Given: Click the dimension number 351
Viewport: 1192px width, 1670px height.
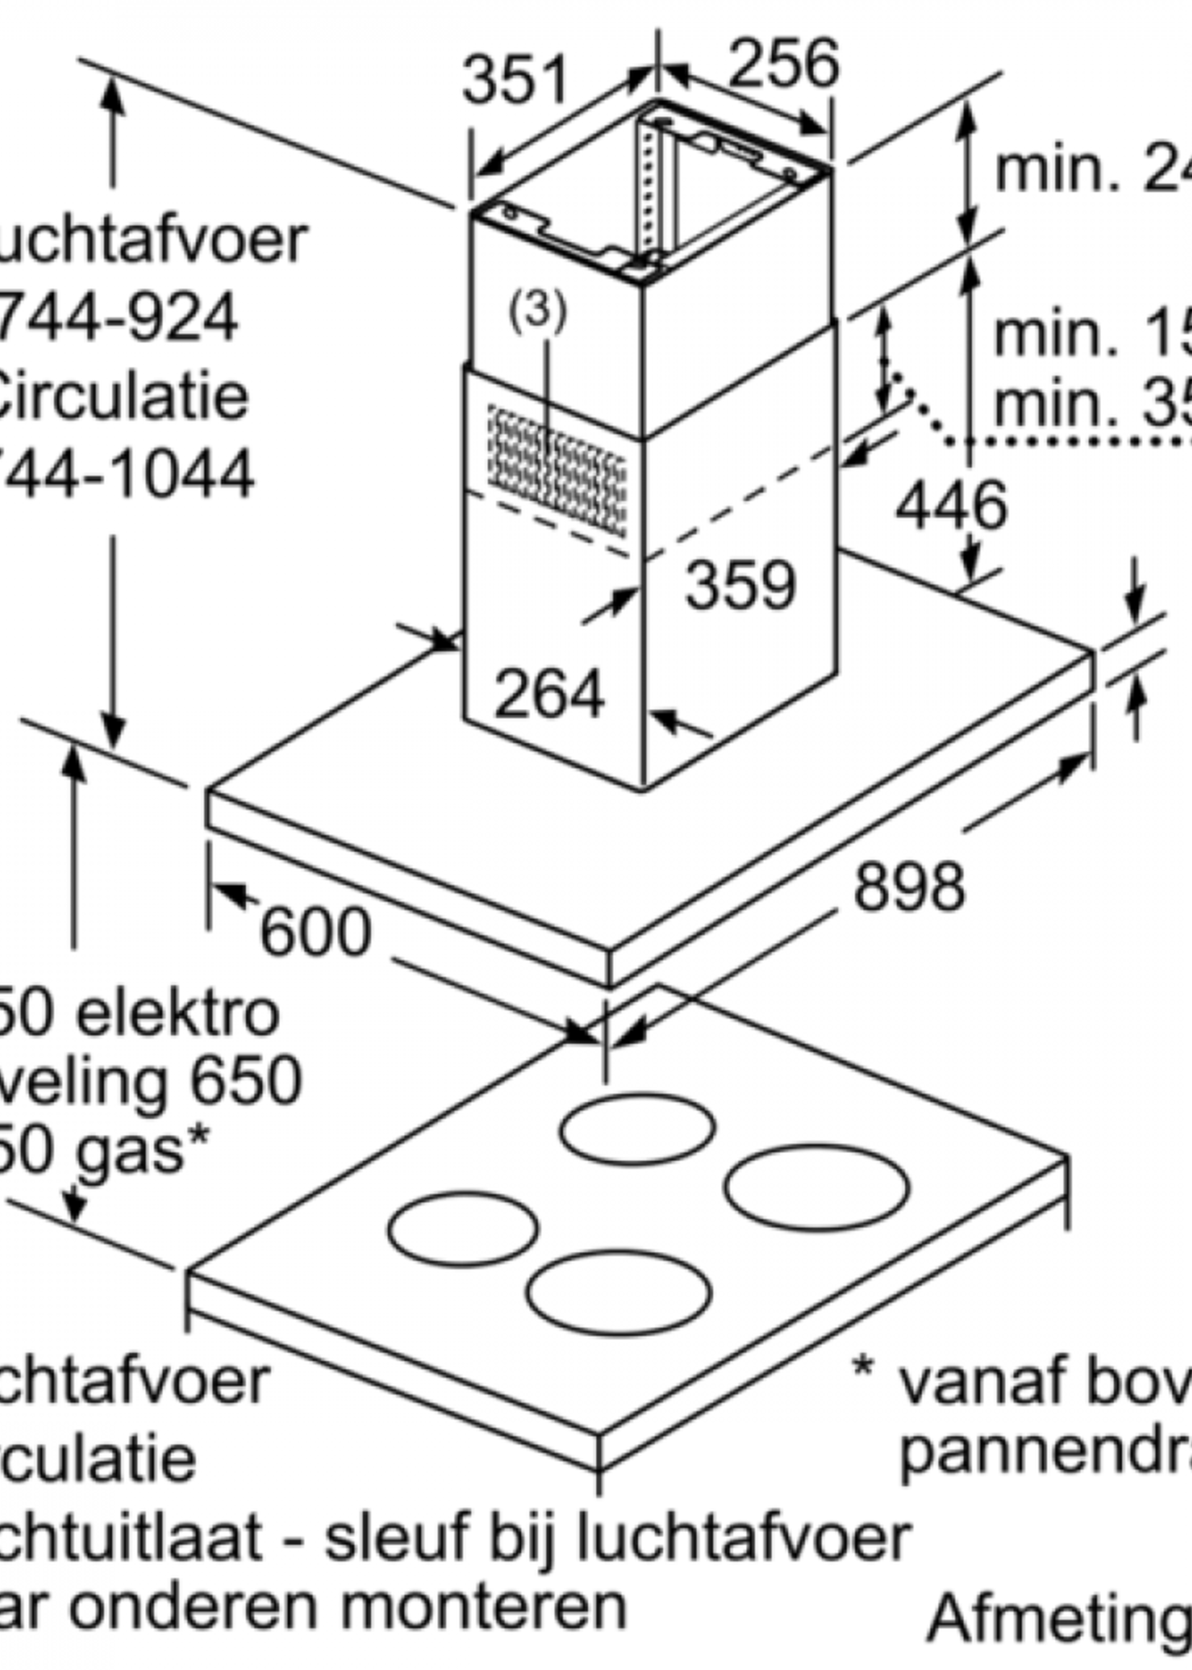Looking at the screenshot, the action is [x=515, y=79].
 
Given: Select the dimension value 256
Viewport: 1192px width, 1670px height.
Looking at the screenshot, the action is [x=783, y=63].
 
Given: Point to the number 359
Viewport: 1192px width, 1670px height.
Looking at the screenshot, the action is [x=740, y=586].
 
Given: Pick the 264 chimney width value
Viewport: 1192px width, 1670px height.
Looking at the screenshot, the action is [x=549, y=694].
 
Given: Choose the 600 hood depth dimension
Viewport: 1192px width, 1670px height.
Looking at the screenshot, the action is [x=315, y=933].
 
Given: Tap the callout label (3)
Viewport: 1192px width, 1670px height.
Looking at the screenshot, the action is [x=538, y=309].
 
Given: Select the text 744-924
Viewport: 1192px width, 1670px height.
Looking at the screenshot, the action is [x=118, y=317].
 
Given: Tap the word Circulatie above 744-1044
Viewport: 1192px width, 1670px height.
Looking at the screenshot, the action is [x=121, y=396].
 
